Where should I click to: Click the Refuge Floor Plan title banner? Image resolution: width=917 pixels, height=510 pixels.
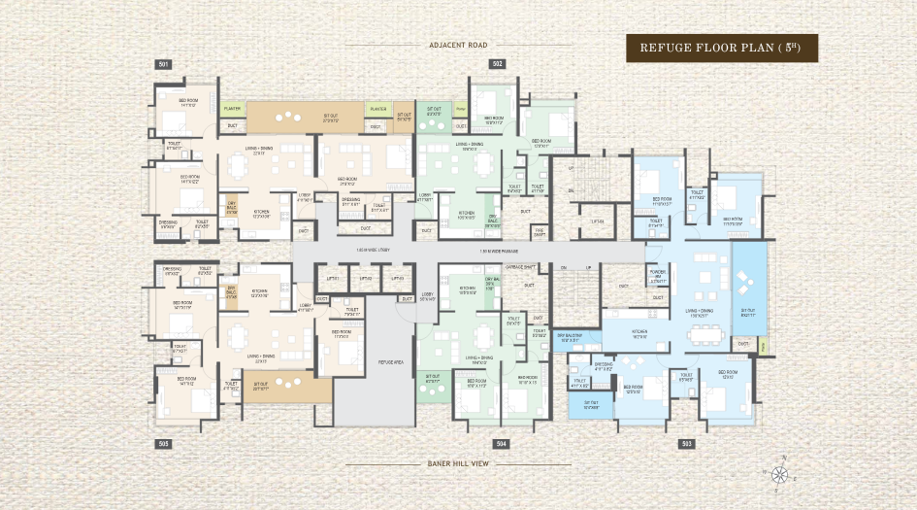(x=721, y=48)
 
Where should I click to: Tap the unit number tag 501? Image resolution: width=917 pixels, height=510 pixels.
(x=163, y=64)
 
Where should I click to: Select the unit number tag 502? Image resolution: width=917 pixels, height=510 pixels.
(x=497, y=64)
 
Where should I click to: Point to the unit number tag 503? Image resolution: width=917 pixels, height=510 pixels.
(x=687, y=443)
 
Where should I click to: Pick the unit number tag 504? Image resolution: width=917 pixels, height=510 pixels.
(x=501, y=443)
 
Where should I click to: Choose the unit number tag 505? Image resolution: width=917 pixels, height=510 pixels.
(x=163, y=443)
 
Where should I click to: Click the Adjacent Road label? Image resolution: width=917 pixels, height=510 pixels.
(x=457, y=45)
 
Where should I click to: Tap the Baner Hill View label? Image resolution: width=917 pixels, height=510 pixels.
(x=457, y=463)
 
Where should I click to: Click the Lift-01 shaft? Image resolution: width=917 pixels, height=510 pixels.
(x=334, y=280)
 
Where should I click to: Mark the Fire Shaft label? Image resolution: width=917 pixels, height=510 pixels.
(x=539, y=231)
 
